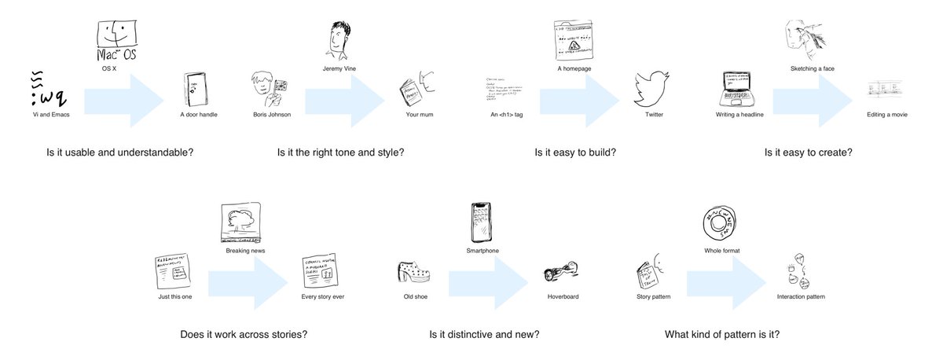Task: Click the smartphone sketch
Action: tap(481, 222)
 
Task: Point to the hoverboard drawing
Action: tap(562, 276)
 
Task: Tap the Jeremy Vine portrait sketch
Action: tap(339, 36)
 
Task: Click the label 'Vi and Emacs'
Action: tap(41, 115)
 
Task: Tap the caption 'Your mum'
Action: tap(420, 115)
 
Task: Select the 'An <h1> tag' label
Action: tap(506, 115)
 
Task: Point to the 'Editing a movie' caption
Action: tap(887, 115)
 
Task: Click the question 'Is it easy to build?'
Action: tap(574, 152)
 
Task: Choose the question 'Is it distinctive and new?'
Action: tap(484, 335)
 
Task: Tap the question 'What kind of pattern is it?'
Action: tap(722, 335)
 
